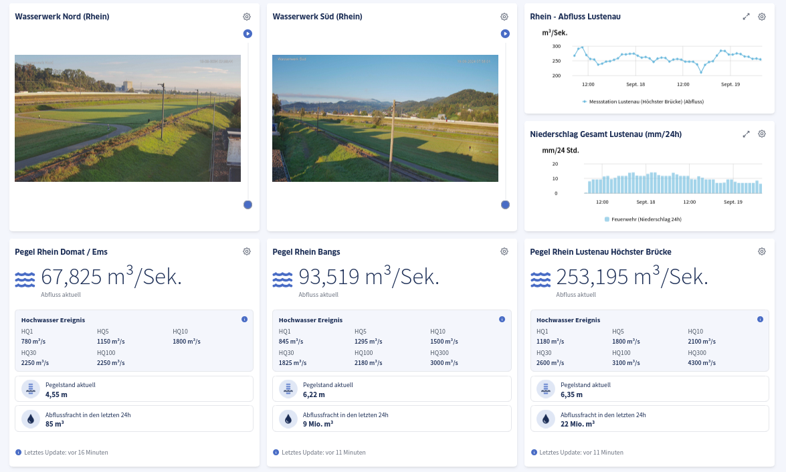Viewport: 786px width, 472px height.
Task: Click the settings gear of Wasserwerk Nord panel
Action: [x=247, y=17]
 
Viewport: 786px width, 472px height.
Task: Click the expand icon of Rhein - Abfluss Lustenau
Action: [x=746, y=17]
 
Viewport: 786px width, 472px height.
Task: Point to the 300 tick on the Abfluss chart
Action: [x=557, y=46]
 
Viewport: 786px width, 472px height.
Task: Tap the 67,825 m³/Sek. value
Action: [x=111, y=277]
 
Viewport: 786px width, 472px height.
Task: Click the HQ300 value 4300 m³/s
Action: [x=702, y=362]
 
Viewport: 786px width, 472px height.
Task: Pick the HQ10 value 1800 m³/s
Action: [x=187, y=342]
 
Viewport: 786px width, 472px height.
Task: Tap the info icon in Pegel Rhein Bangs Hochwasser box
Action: [x=502, y=320]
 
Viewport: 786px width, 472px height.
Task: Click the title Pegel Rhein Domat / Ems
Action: [x=61, y=252]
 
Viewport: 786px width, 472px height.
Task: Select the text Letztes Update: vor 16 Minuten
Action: [x=66, y=453]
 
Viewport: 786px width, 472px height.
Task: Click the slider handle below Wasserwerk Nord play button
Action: [x=248, y=205]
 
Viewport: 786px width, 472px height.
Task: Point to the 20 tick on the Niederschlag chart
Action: [x=555, y=164]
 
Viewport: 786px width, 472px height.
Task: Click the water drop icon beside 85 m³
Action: [x=31, y=419]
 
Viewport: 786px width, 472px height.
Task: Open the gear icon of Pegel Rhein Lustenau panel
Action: [x=762, y=251]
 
